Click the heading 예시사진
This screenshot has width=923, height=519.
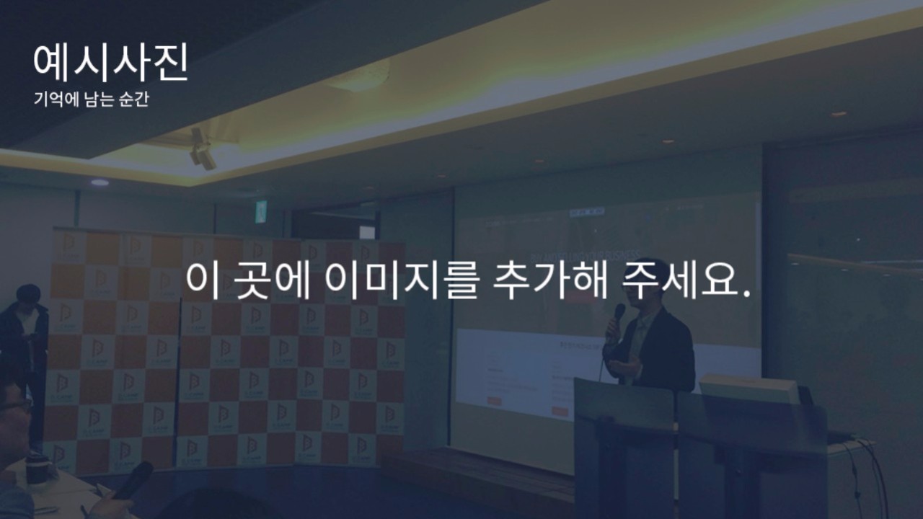pos(110,63)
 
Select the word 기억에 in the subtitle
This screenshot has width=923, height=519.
pos(56,99)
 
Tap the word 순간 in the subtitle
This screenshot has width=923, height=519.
pos(133,99)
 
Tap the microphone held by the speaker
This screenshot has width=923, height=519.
pos(618,316)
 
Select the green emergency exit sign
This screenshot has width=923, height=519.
pos(260,212)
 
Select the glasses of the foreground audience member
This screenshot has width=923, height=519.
pos(16,406)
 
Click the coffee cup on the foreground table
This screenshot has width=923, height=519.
pos(39,468)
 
